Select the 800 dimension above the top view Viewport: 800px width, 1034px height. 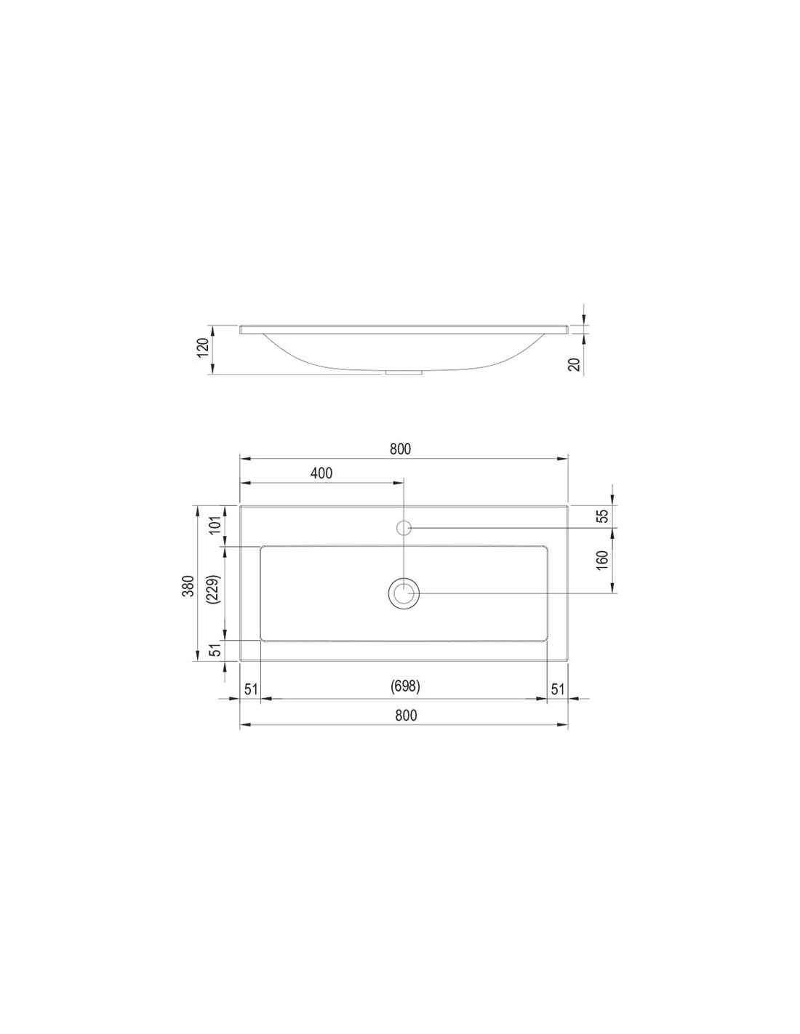pyautogui.click(x=400, y=449)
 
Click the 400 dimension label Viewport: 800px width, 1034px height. pyautogui.click(x=321, y=473)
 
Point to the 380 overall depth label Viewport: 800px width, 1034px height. pyautogui.click(x=189, y=586)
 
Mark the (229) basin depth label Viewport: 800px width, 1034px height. pyautogui.click(x=214, y=590)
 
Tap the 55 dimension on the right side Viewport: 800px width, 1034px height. pyautogui.click(x=602, y=516)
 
